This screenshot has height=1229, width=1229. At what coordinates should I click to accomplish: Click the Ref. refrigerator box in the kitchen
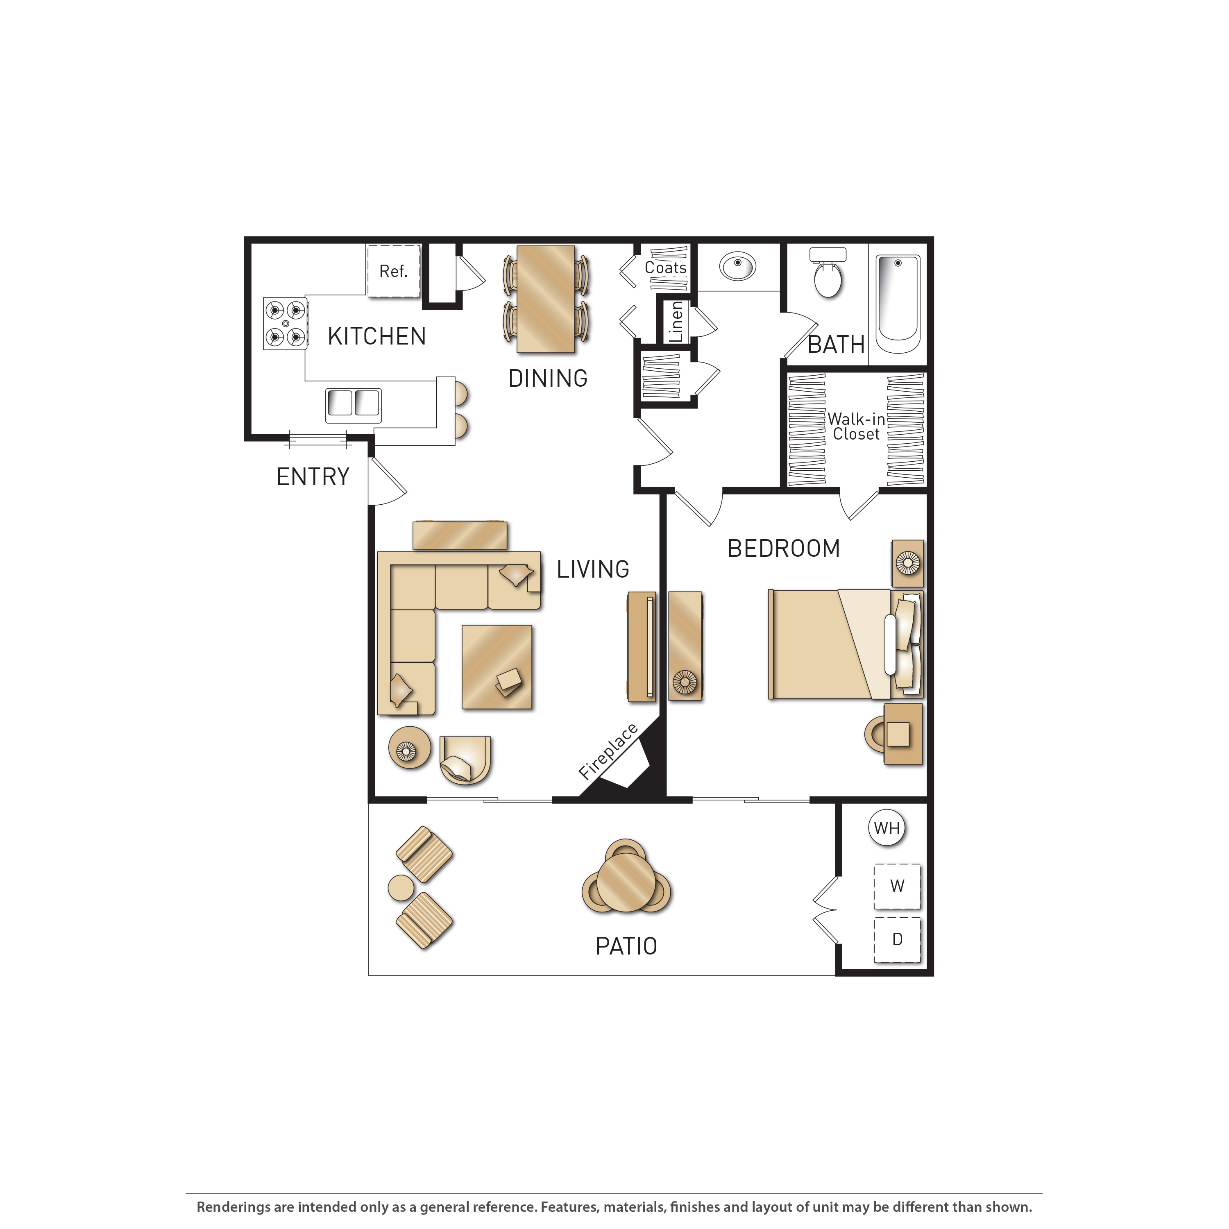pyautogui.click(x=394, y=271)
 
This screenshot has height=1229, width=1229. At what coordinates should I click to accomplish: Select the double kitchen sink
pyautogui.click(x=354, y=405)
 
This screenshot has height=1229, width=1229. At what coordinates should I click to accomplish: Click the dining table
pyautogui.click(x=546, y=299)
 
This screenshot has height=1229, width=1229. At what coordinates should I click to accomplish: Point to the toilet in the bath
pyautogui.click(x=828, y=273)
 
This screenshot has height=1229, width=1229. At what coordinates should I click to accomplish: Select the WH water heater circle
pyautogui.click(x=887, y=828)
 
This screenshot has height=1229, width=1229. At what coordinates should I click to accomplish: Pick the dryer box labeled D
pyautogui.click(x=897, y=939)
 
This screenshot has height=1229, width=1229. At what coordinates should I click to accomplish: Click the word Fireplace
pyautogui.click(x=608, y=751)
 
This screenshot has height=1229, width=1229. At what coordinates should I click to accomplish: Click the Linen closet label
pyautogui.click(x=676, y=322)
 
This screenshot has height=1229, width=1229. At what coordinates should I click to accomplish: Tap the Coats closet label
pyautogui.click(x=665, y=268)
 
